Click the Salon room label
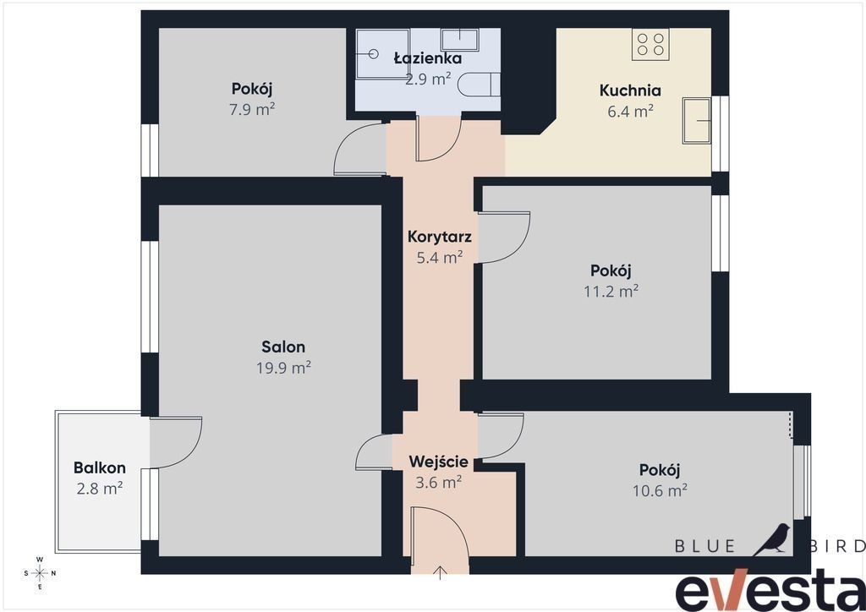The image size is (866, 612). coord(283,347)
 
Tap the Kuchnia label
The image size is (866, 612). coord(630,90)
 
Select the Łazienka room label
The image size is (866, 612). coord(428,58)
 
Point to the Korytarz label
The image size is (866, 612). coord(439,237)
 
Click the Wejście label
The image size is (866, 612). coord(439,462)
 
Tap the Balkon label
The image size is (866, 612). coord(100,467)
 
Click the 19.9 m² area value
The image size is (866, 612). coord(283,367)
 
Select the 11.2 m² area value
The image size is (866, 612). coord(611,291)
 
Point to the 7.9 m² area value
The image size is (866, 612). coord(252,109)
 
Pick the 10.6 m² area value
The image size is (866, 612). coord(660,490)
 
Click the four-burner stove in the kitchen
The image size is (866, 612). coord(650,45)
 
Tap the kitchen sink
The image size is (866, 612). coord(697,120)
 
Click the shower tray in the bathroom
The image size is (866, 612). coord(382,53)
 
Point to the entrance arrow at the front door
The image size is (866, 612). coord(440,572)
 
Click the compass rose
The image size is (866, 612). coord(40,573)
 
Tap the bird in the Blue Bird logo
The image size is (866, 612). coord(773,539)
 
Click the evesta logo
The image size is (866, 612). coord(770,591)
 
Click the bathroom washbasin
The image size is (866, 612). coord(459,40)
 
